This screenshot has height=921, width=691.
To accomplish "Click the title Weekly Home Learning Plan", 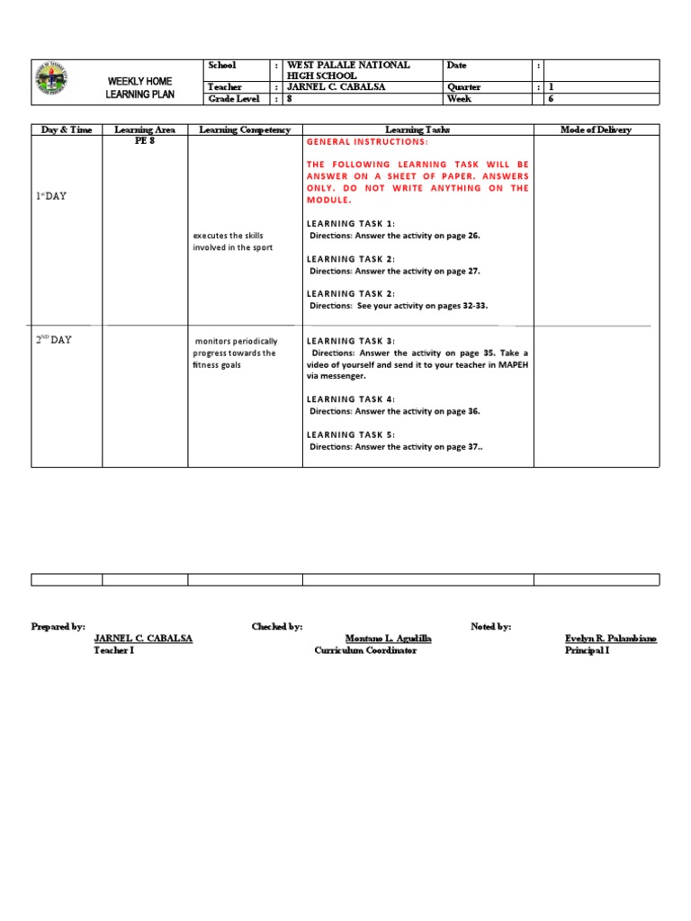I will pyautogui.click(x=139, y=87).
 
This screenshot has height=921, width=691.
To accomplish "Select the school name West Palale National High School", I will pyautogui.click(x=347, y=70).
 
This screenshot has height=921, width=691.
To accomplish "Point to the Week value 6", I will pyautogui.click(x=552, y=99).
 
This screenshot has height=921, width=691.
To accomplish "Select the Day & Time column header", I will pyautogui.click(x=67, y=130).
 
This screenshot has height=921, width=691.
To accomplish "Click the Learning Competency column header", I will pyautogui.click(x=245, y=130).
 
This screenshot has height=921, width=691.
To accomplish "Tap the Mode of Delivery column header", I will pyautogui.click(x=596, y=130).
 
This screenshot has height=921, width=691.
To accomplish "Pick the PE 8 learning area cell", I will pyautogui.click(x=144, y=141).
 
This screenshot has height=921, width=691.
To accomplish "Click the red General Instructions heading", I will pyautogui.click(x=367, y=143).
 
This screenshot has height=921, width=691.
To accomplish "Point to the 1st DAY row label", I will pyautogui.click(x=51, y=196).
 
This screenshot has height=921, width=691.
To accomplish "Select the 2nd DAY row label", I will pyautogui.click(x=53, y=340).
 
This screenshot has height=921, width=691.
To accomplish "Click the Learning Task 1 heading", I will pyautogui.click(x=351, y=223).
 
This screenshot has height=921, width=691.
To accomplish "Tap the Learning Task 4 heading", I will pyautogui.click(x=351, y=399).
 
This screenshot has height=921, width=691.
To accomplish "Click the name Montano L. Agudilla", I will pyautogui.click(x=388, y=638).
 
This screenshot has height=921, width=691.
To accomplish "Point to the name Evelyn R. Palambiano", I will pyautogui.click(x=610, y=638).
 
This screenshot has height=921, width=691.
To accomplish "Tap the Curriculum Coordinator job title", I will pyautogui.click(x=365, y=650).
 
